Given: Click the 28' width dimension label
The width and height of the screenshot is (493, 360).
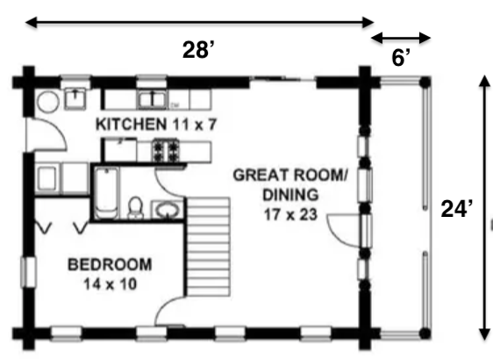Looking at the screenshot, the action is [199, 50].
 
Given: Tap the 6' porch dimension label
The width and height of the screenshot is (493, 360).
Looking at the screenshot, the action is [401, 58].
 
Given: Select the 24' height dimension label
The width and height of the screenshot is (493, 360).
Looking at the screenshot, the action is [457, 209].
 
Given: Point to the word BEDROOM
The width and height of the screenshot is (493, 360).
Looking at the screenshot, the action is [110, 264].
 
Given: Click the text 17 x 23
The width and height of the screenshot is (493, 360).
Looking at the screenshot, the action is [290, 215].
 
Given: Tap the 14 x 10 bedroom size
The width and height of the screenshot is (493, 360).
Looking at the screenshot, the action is [111, 284].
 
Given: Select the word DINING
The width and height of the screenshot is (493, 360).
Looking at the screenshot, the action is [290, 195].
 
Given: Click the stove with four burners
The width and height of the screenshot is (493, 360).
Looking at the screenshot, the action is [165, 150].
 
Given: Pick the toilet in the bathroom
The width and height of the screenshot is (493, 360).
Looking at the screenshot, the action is [136, 207].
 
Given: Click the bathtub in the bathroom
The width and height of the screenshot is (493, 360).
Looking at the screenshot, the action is [106, 192].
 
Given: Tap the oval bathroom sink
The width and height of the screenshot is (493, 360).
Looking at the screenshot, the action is [167, 209].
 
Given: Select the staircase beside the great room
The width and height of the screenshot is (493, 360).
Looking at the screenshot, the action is [208, 247].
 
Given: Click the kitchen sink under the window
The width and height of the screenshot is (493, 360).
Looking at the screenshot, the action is [152, 99].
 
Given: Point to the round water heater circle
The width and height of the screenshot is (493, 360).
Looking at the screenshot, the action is [48, 101].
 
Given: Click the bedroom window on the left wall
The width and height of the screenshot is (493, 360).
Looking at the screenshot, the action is [29, 272].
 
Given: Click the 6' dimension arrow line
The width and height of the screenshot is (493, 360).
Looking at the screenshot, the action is [401, 38].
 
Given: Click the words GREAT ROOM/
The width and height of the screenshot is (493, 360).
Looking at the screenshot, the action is [290, 175].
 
